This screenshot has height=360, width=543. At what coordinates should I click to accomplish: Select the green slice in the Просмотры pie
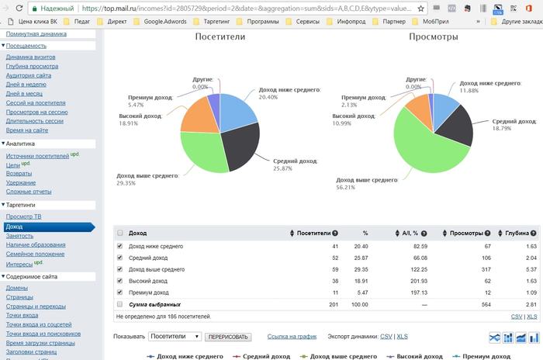pos(423,149)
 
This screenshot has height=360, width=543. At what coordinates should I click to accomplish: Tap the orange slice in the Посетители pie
pos(199,116)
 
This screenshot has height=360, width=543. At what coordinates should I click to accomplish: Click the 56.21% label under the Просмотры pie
pos(345,188)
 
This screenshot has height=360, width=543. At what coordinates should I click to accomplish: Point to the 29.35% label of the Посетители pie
pos(126,183)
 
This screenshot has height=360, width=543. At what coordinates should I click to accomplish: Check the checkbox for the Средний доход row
pos(119,258)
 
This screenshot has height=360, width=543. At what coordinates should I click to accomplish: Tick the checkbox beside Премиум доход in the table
pos(119,292)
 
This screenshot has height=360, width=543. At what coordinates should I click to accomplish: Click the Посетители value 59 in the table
pos(335,269)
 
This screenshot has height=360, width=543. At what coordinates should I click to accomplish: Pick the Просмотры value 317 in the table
pos(486,269)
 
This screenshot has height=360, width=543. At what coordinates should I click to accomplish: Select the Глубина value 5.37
pos(531,269)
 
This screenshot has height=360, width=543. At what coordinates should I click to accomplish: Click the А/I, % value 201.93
pos(419,281)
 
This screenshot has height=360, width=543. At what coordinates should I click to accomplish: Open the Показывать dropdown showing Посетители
pos(175,337)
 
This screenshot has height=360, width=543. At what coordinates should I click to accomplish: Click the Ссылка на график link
pos(292,337)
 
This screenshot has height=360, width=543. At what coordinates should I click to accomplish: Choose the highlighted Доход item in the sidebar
pos(49,227)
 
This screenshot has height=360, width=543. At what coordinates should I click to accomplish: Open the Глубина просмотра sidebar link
pos(32,66)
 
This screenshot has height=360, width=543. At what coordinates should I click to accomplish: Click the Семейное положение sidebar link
pos(35,254)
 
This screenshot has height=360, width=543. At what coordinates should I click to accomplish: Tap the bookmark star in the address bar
pos(420,9)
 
